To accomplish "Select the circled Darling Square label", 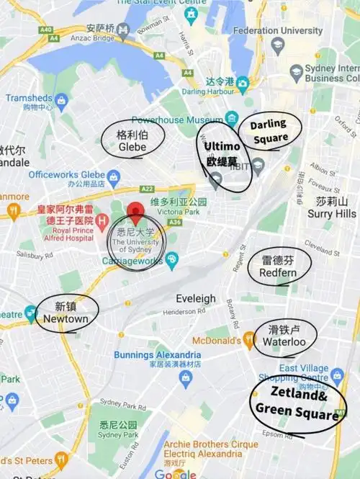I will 269,130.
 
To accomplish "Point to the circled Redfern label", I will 278,267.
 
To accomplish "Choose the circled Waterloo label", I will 278,336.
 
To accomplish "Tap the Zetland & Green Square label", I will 295,403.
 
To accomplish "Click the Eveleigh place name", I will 196,298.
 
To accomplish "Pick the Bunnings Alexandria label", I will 157,355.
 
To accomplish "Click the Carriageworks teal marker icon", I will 171,261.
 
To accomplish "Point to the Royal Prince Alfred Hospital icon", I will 102,220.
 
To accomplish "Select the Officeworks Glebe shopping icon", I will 113,175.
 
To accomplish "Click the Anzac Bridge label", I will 81,38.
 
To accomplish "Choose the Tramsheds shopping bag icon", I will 62,99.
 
